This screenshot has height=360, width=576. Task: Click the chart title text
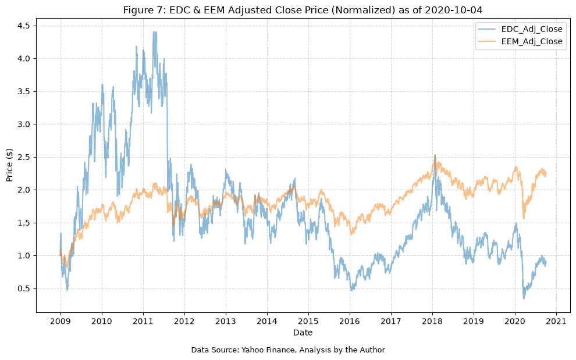coord(303,10)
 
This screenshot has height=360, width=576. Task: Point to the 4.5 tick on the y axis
coord(24,26)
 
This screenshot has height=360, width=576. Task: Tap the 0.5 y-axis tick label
coord(24,288)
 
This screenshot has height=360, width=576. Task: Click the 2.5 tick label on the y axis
coord(24,157)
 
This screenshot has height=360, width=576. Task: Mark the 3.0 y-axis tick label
coord(24,124)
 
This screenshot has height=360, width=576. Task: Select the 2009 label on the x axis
coord(61,322)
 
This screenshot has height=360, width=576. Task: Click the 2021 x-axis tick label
coord(557,322)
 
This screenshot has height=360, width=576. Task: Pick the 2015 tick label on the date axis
coord(308,322)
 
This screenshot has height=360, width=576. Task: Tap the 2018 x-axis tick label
coord(432,322)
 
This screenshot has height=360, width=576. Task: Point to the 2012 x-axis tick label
coord(184,322)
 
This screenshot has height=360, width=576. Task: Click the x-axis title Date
coord(303,333)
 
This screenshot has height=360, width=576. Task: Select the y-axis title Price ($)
coord(9,165)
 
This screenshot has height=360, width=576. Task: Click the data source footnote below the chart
coord(288,350)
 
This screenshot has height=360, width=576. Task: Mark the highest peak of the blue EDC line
coord(154,31)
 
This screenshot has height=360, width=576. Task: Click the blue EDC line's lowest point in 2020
coord(524,298)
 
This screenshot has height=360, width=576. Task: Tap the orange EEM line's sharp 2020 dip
coord(524,218)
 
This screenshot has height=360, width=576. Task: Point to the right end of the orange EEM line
coord(546,172)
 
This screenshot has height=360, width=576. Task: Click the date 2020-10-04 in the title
coord(454,10)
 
